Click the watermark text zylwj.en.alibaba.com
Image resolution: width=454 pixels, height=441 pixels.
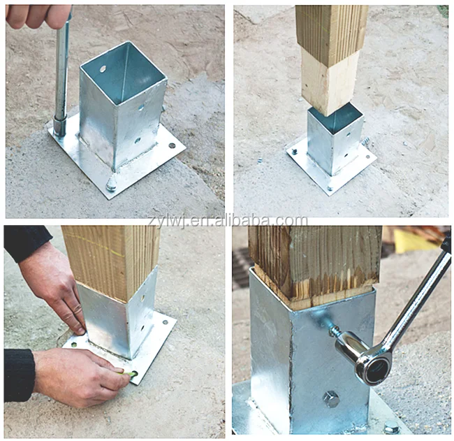[x=227, y=222]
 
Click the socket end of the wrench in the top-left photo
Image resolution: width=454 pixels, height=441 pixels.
[x=60, y=126]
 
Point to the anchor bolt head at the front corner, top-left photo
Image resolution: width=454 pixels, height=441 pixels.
[x=111, y=185]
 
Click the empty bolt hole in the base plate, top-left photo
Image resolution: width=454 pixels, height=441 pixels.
[x=172, y=145]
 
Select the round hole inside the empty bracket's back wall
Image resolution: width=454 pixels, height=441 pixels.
[x=103, y=70]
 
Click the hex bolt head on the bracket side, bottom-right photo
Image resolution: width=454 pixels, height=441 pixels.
[x=330, y=399]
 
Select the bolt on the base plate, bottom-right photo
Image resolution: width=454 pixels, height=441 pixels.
[x=391, y=428]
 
